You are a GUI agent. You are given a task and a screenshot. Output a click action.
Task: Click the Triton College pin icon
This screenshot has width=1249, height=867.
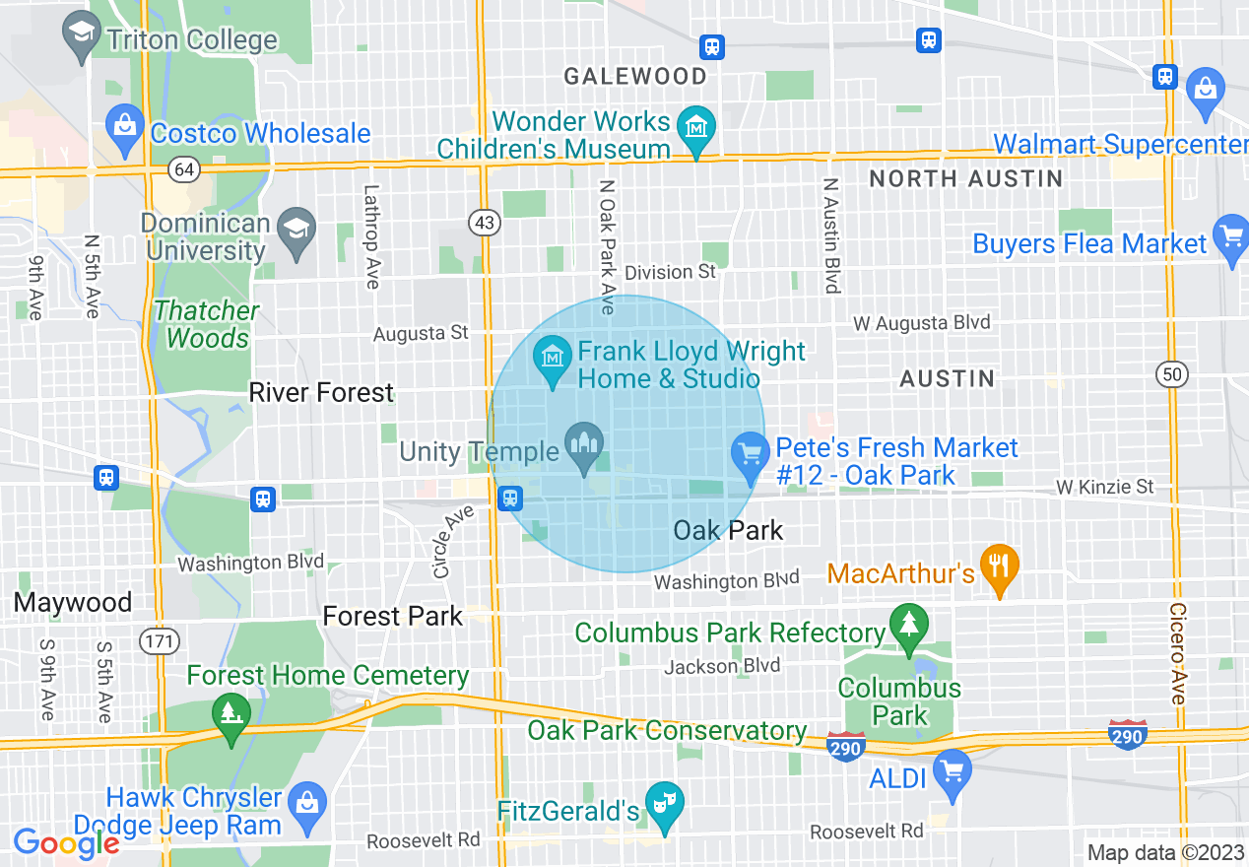[x=79, y=35]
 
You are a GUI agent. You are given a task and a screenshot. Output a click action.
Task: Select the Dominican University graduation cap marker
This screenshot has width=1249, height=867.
[x=295, y=230]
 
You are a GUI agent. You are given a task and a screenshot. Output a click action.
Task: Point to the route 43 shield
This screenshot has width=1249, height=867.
[x=484, y=223]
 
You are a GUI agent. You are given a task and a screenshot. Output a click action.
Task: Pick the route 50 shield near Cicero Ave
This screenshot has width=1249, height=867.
[x=1172, y=374]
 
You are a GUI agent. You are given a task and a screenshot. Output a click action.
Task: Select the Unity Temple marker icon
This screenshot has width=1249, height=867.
[x=583, y=448]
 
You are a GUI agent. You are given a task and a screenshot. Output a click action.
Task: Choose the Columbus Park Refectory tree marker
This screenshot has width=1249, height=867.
[x=908, y=626]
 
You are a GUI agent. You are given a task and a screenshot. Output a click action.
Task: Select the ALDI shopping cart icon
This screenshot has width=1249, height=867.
[x=952, y=772]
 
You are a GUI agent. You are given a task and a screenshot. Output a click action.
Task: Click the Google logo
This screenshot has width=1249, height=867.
[x=66, y=843]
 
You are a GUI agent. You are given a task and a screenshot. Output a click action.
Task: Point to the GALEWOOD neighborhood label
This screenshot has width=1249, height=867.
[x=634, y=76]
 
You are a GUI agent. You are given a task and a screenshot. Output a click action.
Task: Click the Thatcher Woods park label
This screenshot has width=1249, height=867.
[x=207, y=324]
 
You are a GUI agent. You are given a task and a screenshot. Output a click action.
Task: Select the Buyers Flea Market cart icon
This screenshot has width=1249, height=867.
[x=1231, y=238]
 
